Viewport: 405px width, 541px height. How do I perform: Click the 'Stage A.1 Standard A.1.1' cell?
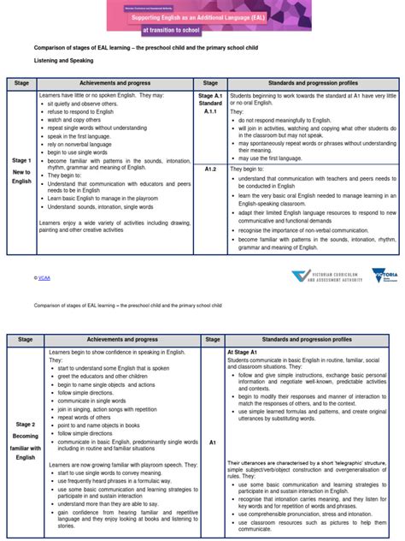(x=211, y=104)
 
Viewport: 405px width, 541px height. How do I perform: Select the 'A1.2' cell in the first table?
(x=211, y=169)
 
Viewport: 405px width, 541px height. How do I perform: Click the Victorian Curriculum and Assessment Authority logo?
(x=325, y=276)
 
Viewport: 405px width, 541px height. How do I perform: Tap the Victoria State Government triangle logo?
(x=379, y=276)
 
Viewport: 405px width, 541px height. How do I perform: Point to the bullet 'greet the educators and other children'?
(x=103, y=376)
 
